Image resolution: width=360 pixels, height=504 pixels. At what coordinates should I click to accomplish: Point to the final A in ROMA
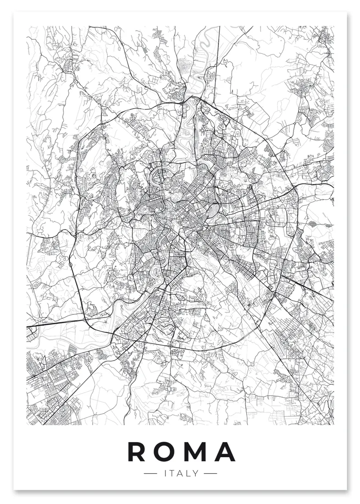[225, 452]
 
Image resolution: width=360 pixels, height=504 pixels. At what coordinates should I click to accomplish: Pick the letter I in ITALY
[165, 473]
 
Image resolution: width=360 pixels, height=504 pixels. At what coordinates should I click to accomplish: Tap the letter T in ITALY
[171, 473]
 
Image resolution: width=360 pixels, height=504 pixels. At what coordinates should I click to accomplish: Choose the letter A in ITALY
[180, 473]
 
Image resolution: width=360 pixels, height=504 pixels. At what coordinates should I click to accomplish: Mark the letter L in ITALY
[188, 473]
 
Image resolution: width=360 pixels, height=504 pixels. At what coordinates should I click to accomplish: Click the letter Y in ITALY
[196, 473]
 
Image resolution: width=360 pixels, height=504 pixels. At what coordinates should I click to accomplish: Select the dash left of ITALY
[150, 473]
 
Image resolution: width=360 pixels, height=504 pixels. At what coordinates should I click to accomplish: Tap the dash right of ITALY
[210, 473]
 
